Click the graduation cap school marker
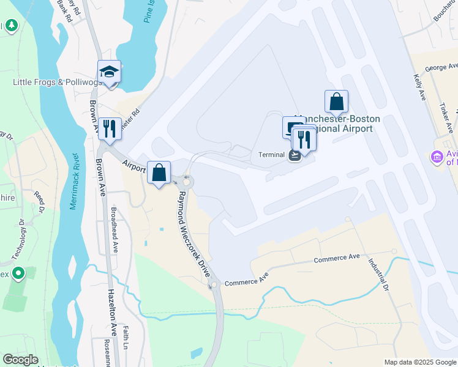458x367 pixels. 109,72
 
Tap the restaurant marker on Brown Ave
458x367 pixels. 109,129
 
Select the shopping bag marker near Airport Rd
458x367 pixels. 159,173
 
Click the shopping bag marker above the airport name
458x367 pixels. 336,102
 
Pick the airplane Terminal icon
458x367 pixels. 294,155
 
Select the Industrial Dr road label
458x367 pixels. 377,272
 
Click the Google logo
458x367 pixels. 20,360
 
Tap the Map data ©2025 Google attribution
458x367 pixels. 419,362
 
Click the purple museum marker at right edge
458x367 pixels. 437,158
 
